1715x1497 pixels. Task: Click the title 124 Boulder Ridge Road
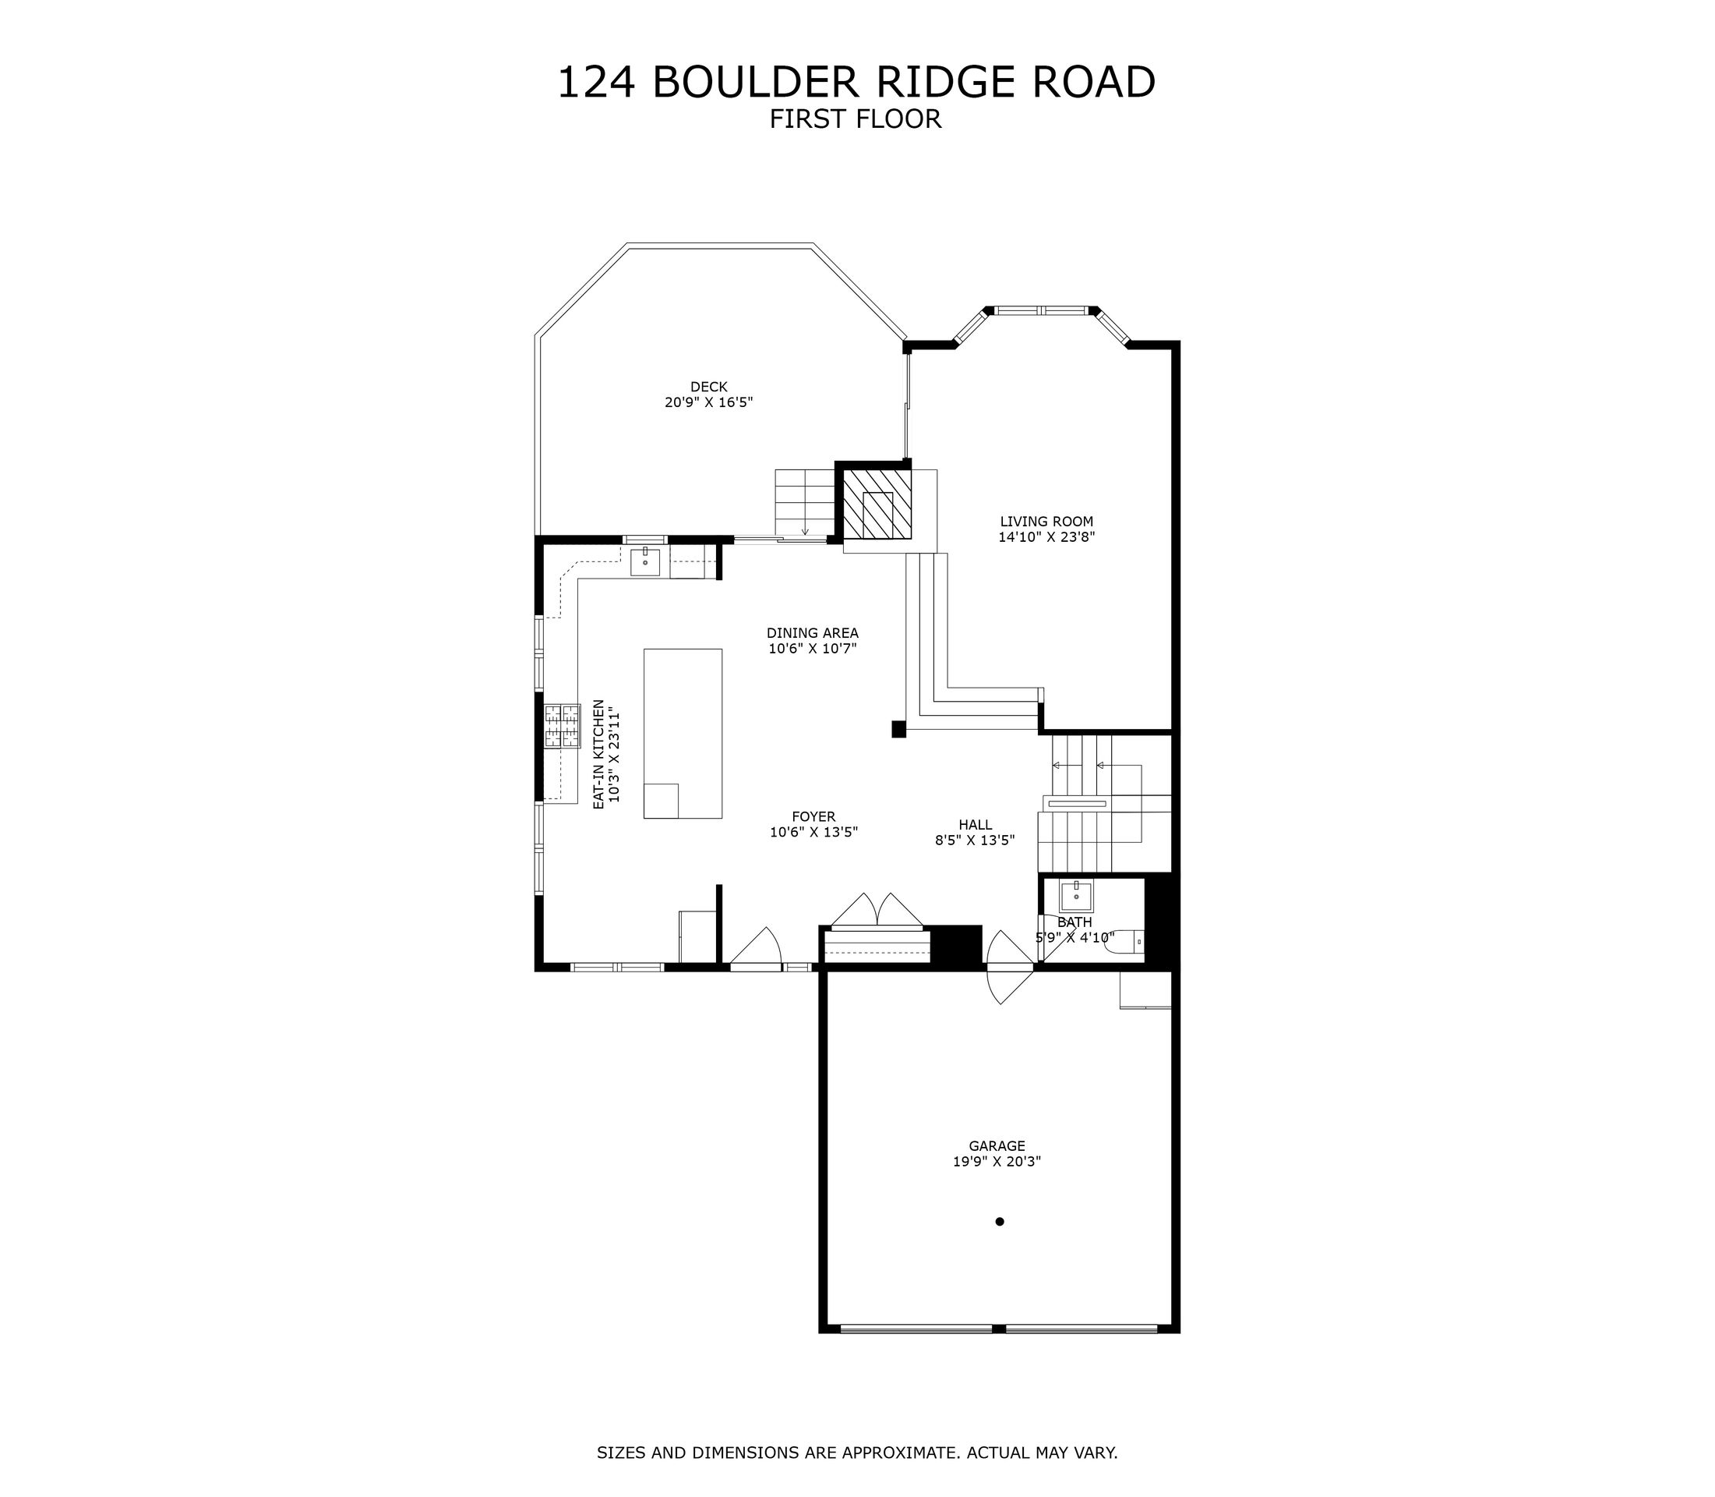tap(856, 83)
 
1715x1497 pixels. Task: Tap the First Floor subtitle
tap(855, 119)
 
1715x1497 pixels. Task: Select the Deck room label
tap(708, 387)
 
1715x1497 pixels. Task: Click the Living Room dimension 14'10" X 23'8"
tap(1046, 537)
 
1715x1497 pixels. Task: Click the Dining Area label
tap(813, 633)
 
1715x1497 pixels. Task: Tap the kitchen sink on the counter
tap(644, 562)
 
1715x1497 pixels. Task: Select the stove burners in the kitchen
tap(562, 726)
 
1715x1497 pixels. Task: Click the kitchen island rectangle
tap(682, 733)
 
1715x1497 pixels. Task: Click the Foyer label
tap(813, 817)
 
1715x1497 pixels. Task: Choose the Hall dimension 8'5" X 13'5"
tap(975, 841)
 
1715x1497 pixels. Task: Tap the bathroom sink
tap(1076, 897)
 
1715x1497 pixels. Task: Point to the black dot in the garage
tap(1000, 1221)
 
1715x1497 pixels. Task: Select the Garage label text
tap(997, 1146)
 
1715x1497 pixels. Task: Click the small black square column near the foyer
tap(898, 729)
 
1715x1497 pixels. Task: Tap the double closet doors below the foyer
tap(876, 910)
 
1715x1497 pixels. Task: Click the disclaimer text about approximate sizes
tap(856, 1453)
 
